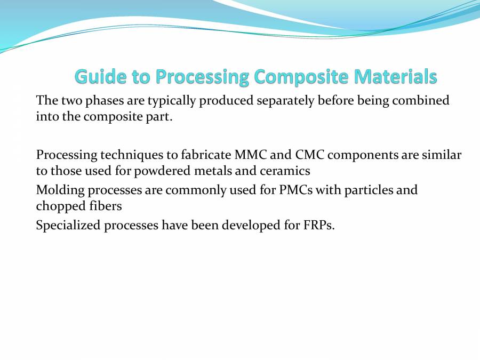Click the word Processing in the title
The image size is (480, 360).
[202, 77]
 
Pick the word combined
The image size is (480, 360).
[422, 100]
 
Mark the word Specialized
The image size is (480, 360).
[68, 225]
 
